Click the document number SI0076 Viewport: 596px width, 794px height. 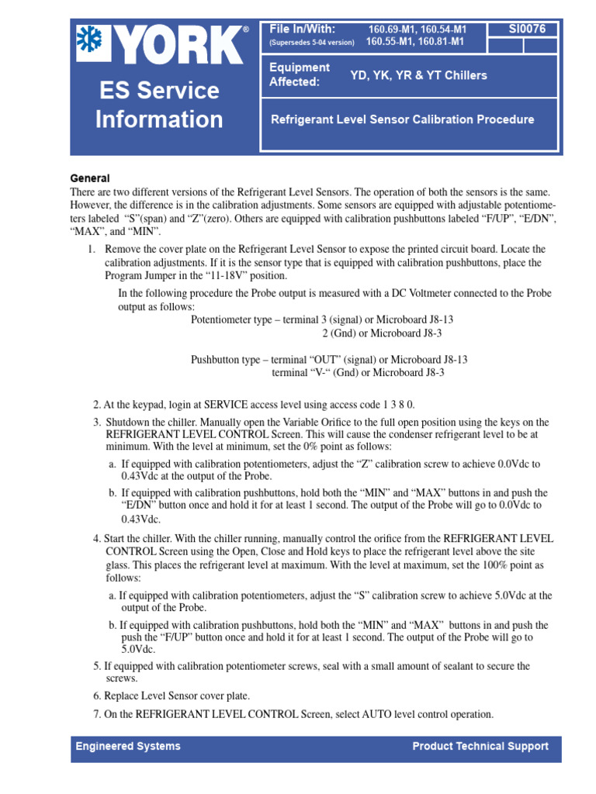pos(527,29)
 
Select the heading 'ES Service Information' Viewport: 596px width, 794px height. pos(158,105)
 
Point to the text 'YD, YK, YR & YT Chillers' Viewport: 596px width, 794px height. pos(418,75)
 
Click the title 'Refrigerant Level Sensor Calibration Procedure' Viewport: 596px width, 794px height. pos(402,119)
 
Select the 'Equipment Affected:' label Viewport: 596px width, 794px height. pos(300,74)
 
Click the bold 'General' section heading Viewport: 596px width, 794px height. pos(90,178)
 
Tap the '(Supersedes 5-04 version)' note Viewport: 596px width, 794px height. pos(312,43)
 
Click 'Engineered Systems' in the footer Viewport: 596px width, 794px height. pos(128,746)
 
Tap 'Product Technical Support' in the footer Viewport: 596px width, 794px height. pos(480,746)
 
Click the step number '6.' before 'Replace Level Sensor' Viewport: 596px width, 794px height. pos(98,696)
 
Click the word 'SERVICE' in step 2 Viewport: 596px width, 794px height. pos(226,404)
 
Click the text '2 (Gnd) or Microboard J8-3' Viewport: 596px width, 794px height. pos(382,333)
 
